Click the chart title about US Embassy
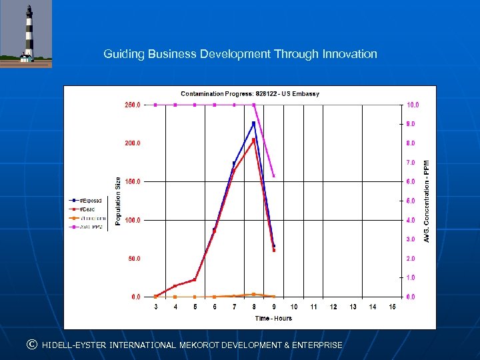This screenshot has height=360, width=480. tap(250, 94)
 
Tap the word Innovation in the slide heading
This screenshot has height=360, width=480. tap(349, 54)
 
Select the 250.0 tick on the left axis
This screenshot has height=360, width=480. tap(131, 105)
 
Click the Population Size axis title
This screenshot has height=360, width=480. tap(118, 200)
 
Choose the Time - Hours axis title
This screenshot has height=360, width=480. tap(273, 318)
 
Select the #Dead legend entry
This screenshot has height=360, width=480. tap(87, 209)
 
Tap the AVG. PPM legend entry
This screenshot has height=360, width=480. tap(89, 227)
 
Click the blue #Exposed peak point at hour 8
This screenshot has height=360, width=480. tap(253, 123)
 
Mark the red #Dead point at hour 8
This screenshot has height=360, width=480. tap(253, 140)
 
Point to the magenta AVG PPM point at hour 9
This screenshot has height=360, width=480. tap(274, 176)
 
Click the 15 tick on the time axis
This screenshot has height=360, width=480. tap(393, 307)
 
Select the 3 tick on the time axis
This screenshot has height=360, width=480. tap(155, 307)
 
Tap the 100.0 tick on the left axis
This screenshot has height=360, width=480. tap(131, 220)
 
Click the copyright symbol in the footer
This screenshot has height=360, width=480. tap(31, 345)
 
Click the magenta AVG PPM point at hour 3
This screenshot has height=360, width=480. tap(155, 105)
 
